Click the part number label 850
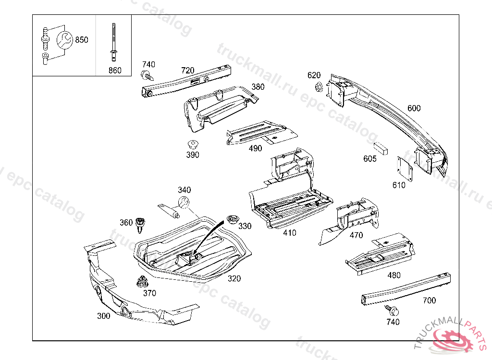(x=81, y=40)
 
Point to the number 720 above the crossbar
(x=187, y=70)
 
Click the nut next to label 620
(x=318, y=87)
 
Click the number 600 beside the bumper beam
(x=414, y=108)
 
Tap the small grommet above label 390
(x=193, y=144)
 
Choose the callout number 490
(x=256, y=148)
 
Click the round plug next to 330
(x=233, y=220)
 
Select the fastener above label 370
(x=142, y=281)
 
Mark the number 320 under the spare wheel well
(x=234, y=278)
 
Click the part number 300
(x=103, y=316)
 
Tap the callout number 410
(x=290, y=233)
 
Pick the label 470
(x=356, y=235)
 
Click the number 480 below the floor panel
(x=394, y=276)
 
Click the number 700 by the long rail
(x=429, y=300)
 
